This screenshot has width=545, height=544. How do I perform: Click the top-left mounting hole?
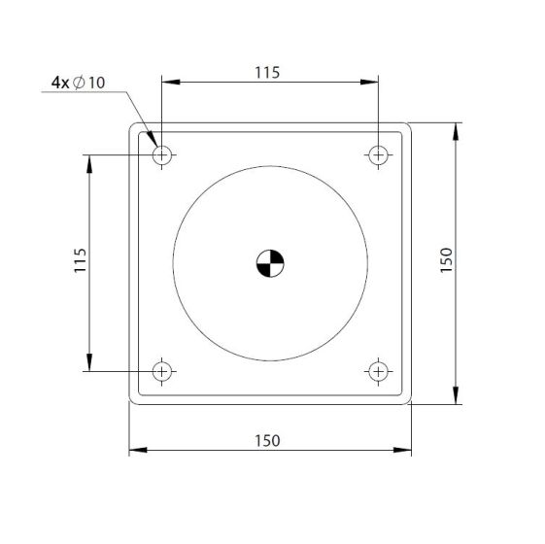click(x=162, y=155)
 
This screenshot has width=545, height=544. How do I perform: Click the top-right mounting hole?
click(x=379, y=155)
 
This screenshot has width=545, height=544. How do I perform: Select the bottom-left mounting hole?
click(x=162, y=372)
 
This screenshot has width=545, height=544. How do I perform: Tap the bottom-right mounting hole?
click(x=379, y=372)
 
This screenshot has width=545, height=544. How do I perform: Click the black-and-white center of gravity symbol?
click(x=270, y=263)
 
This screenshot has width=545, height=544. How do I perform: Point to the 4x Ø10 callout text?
click(x=79, y=83)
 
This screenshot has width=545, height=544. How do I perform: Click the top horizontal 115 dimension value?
click(x=267, y=73)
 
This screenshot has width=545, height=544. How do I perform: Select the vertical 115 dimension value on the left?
click(x=81, y=260)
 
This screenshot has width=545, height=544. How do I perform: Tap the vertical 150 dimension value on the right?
click(x=446, y=260)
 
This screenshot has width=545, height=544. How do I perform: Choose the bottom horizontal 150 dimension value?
click(x=267, y=441)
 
